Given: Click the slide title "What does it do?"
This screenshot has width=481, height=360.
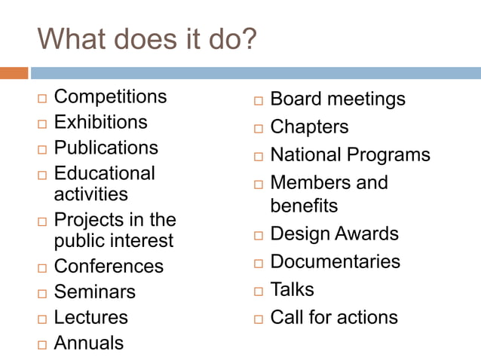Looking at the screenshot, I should tap(147, 39).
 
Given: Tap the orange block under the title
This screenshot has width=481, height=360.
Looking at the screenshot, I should tap(14, 73).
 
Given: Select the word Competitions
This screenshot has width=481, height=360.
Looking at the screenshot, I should tap(110, 96).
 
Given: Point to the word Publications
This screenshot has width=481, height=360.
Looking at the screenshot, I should tap(106, 147).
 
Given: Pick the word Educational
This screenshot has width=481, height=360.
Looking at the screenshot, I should tap(104, 173).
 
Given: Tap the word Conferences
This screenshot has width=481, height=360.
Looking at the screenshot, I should tap(109, 267).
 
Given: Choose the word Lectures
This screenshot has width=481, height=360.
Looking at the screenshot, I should tap(90, 317).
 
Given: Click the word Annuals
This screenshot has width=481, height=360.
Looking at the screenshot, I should tap(89, 343).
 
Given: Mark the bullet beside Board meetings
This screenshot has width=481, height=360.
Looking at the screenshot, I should tap(257, 101).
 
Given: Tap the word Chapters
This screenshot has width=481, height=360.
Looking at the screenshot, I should tap(309, 127).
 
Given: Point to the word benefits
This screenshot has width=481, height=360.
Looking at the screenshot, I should tap(304, 205).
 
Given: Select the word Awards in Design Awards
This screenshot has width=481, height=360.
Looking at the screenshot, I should tap(367, 233).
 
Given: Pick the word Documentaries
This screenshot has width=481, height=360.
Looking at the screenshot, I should tap(335, 261).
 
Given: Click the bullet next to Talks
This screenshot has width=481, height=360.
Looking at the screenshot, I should tap(257, 291).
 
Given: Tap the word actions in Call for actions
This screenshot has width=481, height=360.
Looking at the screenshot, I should tap(367, 317).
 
